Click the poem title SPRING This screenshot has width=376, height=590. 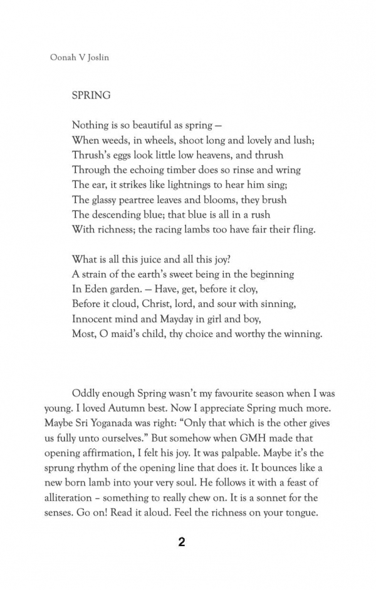point(91,96)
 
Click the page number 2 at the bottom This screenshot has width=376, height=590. point(182,542)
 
